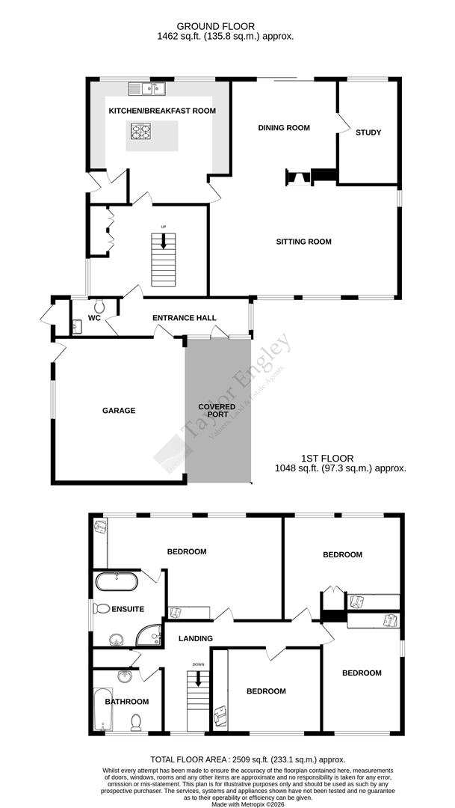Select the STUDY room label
(x=368, y=132)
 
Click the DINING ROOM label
(x=284, y=128)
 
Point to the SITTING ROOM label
(x=303, y=242)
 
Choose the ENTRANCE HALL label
(x=179, y=319)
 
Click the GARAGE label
(x=119, y=410)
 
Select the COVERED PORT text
(x=217, y=411)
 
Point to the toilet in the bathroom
(x=136, y=722)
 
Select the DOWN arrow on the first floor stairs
(x=198, y=679)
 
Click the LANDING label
(x=195, y=638)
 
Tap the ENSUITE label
(x=128, y=609)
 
